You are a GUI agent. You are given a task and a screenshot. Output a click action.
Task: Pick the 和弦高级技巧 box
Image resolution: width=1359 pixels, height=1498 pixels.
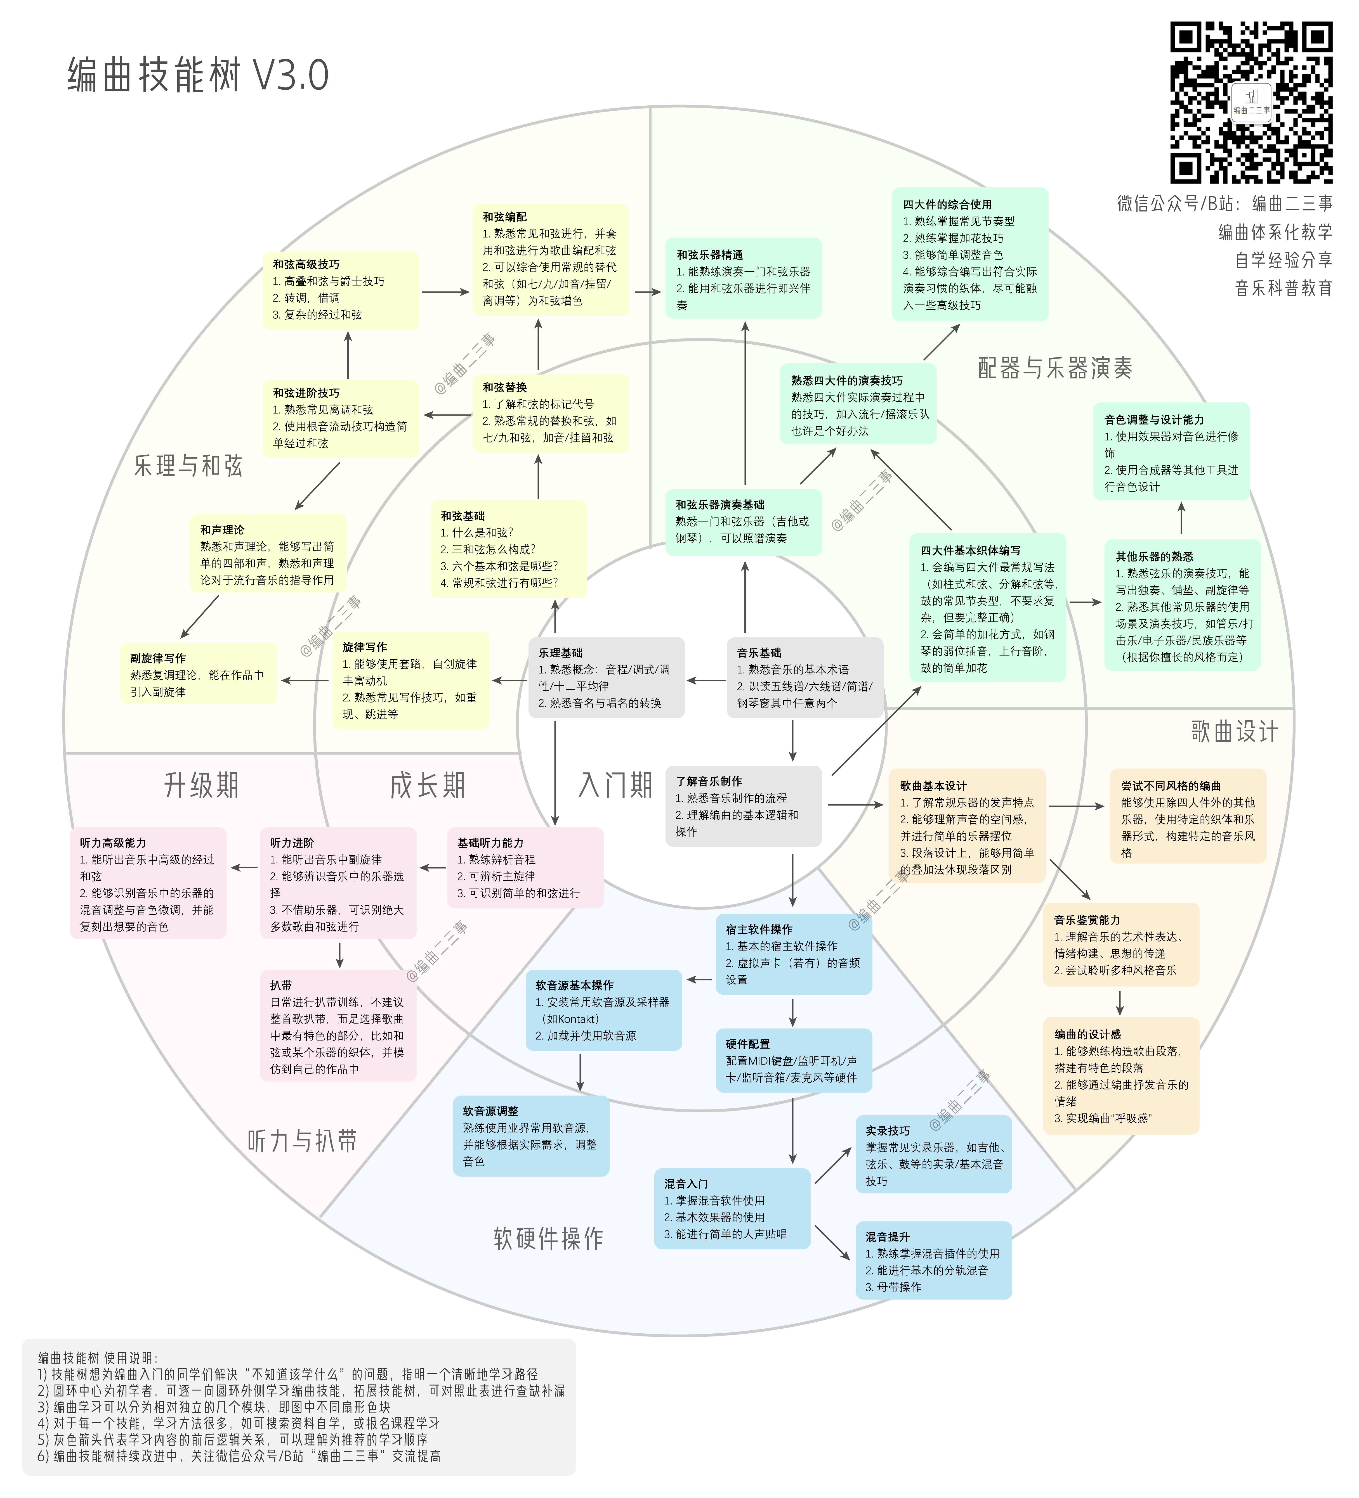tap(341, 290)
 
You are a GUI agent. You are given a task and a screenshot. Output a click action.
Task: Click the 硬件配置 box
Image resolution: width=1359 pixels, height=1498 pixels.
tap(793, 1060)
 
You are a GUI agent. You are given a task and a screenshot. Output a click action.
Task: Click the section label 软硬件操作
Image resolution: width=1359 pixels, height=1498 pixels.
tap(548, 1238)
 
